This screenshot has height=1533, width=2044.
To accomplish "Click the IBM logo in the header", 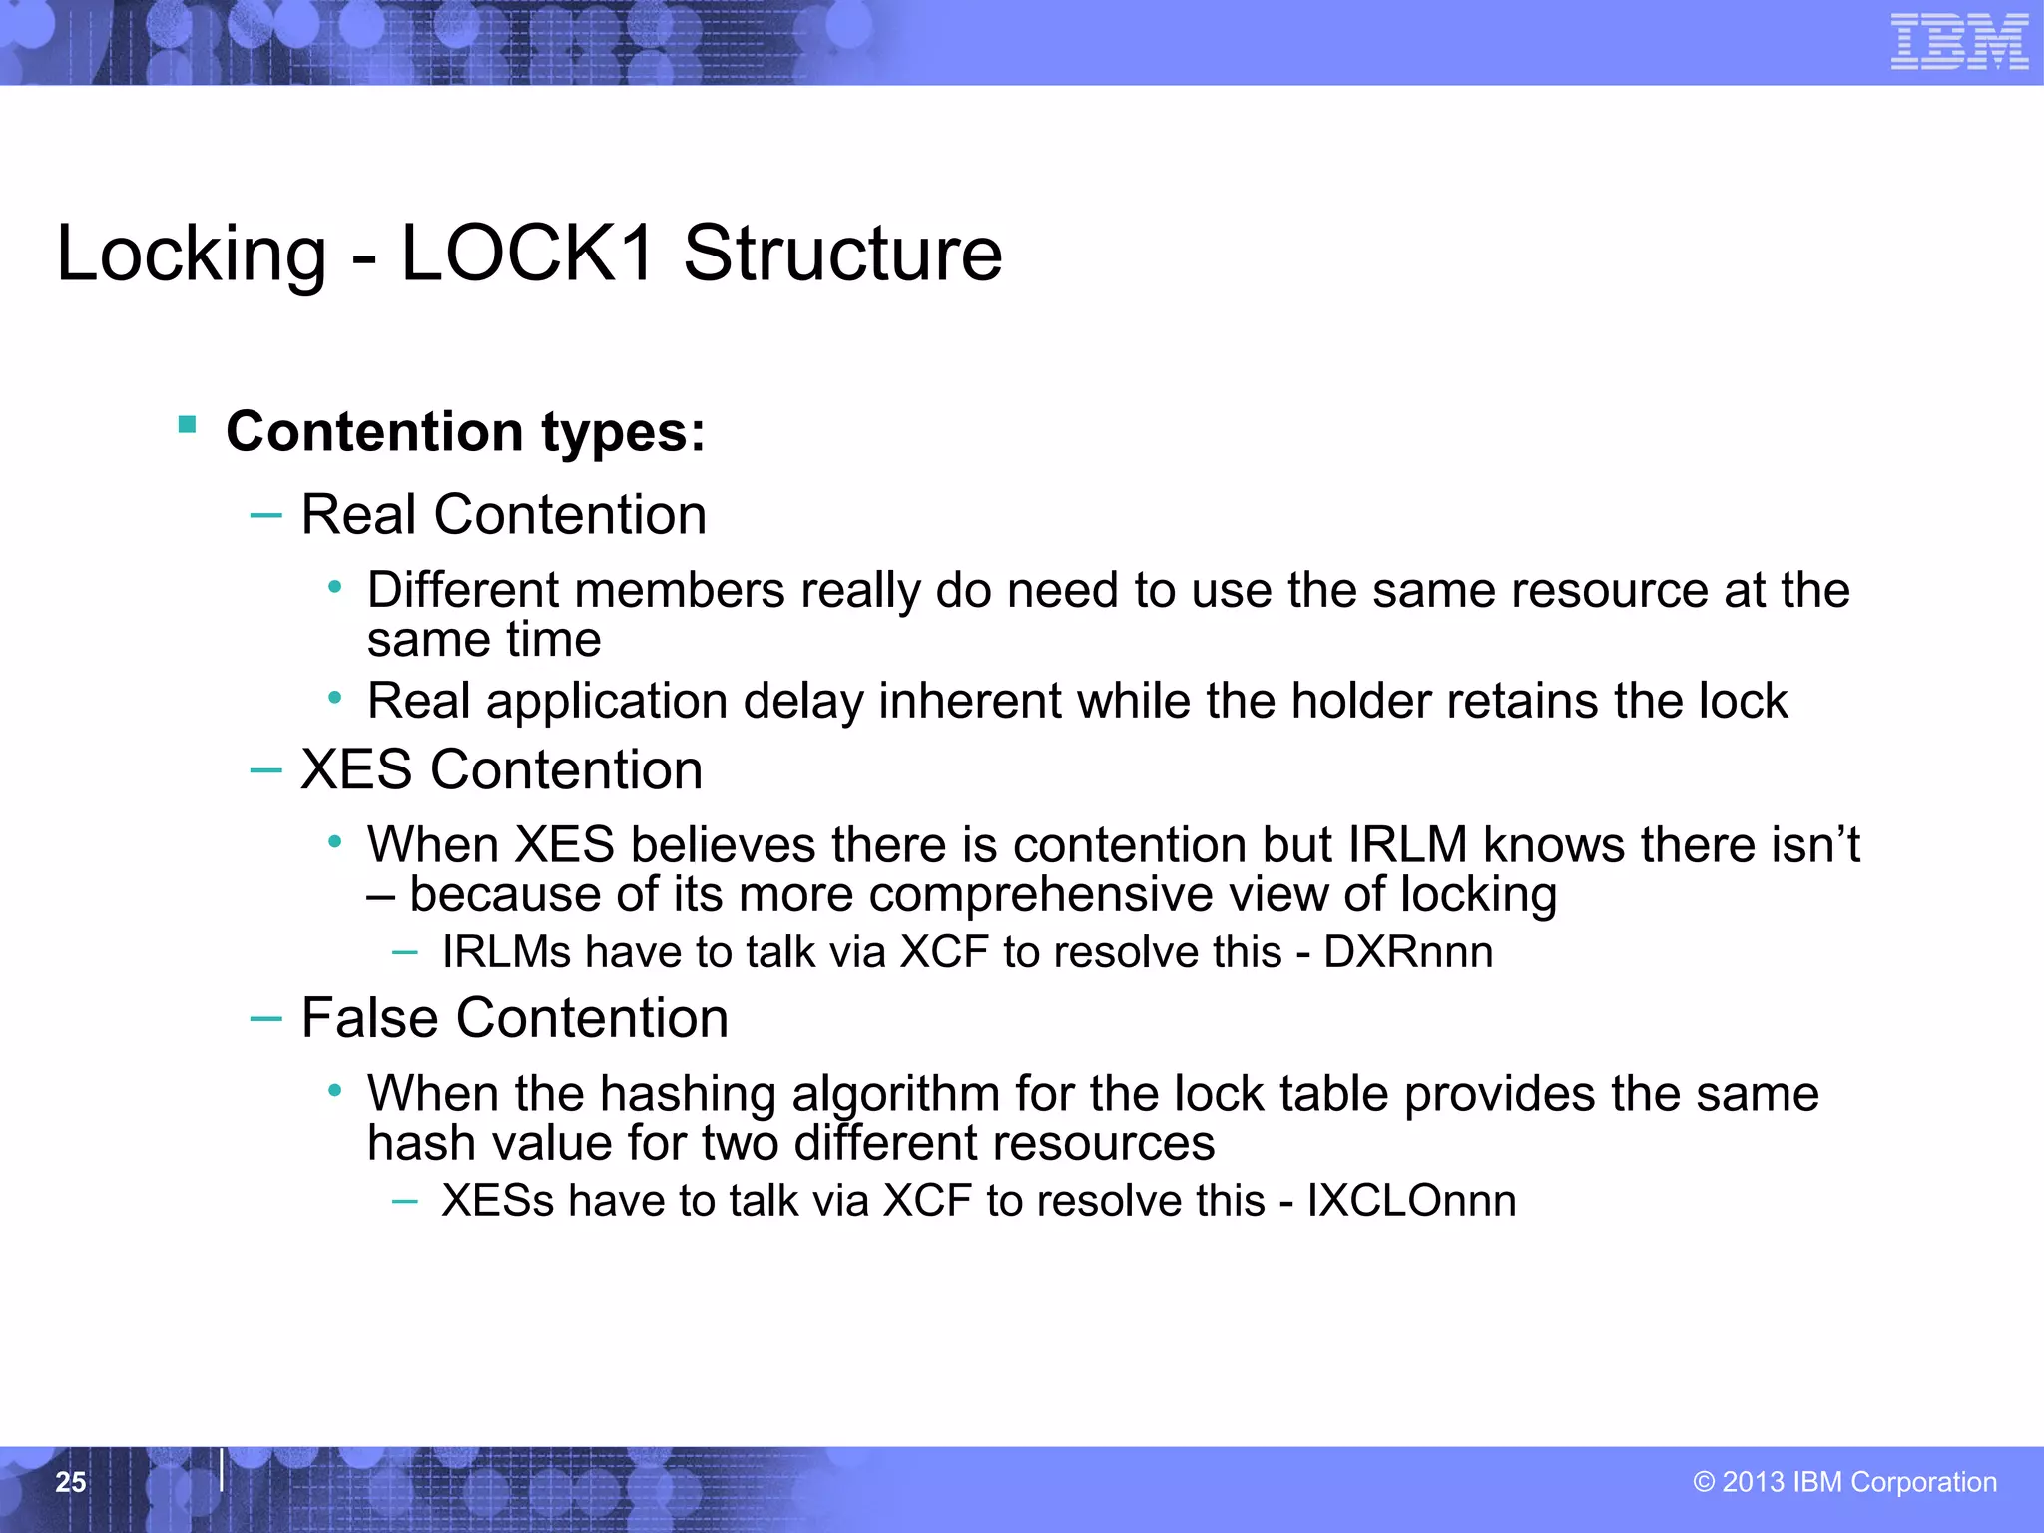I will (1959, 42).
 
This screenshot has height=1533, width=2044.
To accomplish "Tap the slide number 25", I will (71, 1482).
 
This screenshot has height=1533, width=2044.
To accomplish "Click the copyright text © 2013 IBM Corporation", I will (1844, 1482).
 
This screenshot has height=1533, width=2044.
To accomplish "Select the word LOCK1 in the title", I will (527, 254).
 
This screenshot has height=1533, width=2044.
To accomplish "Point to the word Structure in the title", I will (842, 254).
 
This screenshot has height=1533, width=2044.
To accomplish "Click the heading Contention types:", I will (465, 431).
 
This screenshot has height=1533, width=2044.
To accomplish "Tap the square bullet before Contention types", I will (187, 425).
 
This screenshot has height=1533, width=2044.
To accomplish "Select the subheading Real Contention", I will (503, 515).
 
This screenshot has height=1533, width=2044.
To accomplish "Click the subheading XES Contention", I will (501, 769).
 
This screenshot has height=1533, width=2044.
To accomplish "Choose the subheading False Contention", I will (514, 1018).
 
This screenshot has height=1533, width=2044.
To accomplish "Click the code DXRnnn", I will (1408, 952).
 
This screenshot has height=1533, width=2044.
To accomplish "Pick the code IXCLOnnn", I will (1411, 1200).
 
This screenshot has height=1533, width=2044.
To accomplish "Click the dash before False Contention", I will (265, 1018).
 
